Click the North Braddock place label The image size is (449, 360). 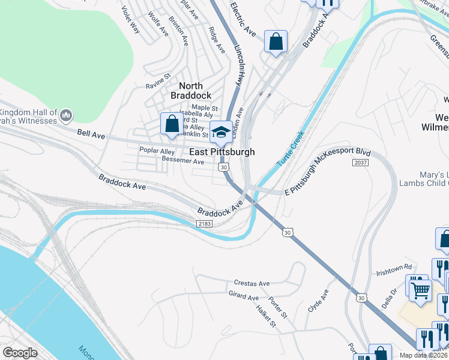[x=191, y=91]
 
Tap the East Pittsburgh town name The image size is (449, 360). [x=222, y=152]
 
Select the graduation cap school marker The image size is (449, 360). [x=221, y=132]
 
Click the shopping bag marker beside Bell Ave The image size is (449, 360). [x=172, y=124]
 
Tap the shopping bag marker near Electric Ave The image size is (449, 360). [x=276, y=41]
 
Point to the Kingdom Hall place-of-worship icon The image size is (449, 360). [x=66, y=115]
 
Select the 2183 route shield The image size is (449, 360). [x=205, y=223]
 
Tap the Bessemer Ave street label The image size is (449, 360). [x=183, y=161]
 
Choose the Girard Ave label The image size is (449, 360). [x=243, y=296]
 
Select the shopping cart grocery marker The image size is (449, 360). [x=421, y=290]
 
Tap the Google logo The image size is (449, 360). [x=20, y=352]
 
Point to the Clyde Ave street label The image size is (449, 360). [x=318, y=302]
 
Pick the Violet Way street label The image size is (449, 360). [x=130, y=20]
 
